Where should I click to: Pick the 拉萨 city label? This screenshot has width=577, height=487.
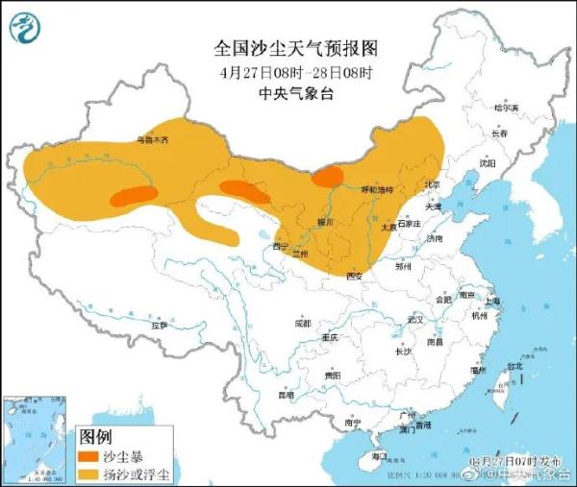pyautogui.click(x=159, y=326)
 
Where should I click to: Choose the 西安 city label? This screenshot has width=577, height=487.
pyautogui.click(x=353, y=277)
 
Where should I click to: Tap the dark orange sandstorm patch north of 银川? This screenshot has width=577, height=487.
pyautogui.click(x=328, y=176)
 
